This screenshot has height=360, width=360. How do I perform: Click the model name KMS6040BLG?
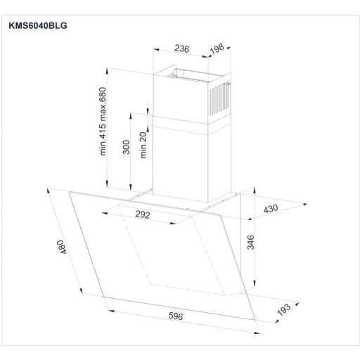[38, 25]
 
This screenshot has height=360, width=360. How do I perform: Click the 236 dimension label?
[181, 49]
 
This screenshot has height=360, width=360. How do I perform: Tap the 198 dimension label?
[217, 49]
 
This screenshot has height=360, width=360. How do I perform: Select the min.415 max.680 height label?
[103, 121]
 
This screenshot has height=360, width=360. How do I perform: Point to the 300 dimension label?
[126, 147]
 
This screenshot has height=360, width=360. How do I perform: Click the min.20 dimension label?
[143, 145]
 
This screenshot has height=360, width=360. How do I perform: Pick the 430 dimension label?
[271, 209]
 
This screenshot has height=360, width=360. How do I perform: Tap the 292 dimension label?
[143, 214]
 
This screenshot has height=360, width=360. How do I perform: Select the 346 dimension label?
[250, 243]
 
